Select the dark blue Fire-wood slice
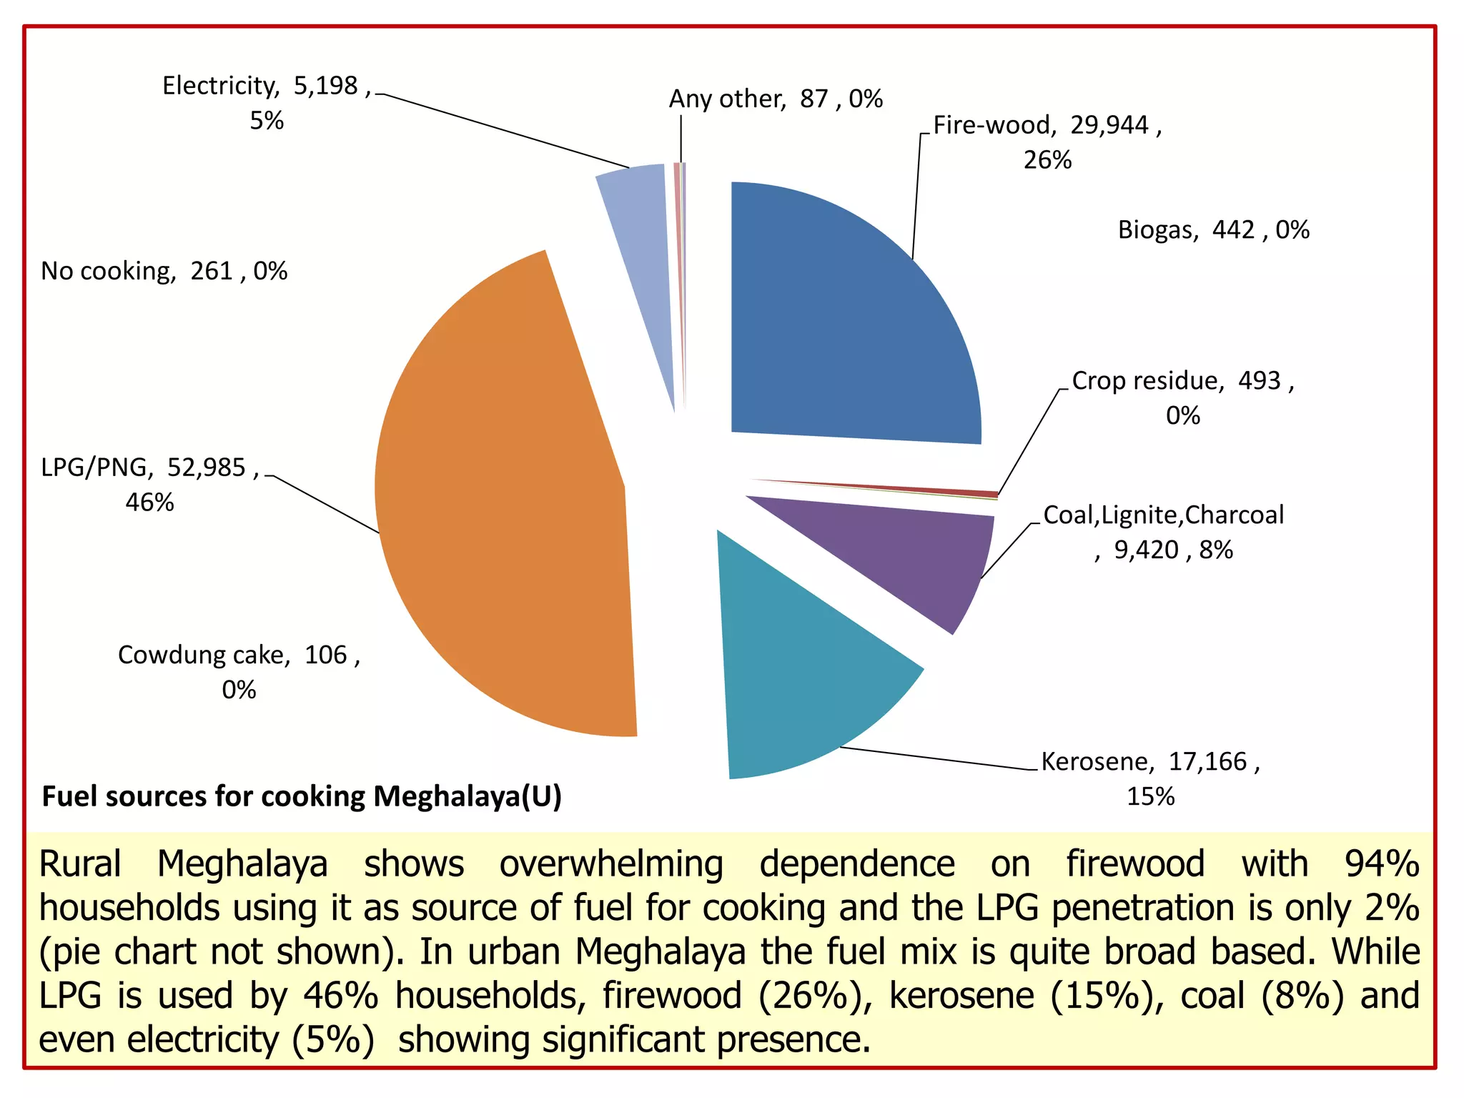pyautogui.click(x=851, y=315)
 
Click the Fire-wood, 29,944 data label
pyautogui.click(x=1047, y=142)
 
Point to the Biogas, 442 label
pyautogui.click(x=1213, y=230)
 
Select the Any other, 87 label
pyautogui.click(x=775, y=99)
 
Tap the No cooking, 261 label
pyautogui.click(x=164, y=271)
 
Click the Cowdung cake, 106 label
pyautogui.click(x=239, y=671)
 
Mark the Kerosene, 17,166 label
pyautogui.click(x=1150, y=778)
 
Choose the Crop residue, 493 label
pyautogui.click(x=1182, y=397)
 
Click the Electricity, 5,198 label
pyautogui.click(x=267, y=102)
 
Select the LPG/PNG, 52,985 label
pyautogui.click(x=149, y=484)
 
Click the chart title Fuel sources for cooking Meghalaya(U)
pyautogui.click(x=302, y=796)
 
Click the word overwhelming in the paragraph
pyautogui.click(x=611, y=864)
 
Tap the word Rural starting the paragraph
pyautogui.click(x=79, y=864)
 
